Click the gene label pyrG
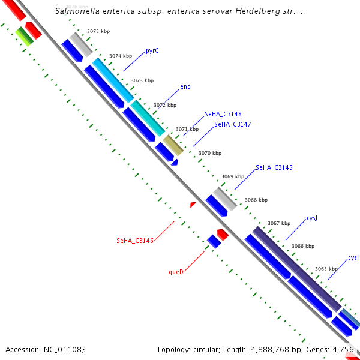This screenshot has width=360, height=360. (152, 51)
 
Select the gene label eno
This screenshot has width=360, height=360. (185, 87)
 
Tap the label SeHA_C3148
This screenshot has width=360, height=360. (223, 114)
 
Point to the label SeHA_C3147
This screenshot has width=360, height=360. (233, 124)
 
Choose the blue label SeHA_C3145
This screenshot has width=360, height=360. (274, 167)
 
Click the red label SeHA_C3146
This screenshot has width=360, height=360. (135, 241)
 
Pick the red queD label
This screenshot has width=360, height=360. (176, 272)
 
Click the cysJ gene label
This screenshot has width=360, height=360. (311, 218)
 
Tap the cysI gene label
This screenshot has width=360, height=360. (353, 258)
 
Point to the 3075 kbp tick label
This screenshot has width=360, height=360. (98, 31)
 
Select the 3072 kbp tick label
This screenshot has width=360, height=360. (165, 105)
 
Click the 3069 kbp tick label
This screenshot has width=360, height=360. (233, 176)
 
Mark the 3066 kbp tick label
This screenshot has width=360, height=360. (303, 246)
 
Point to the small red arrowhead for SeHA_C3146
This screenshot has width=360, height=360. (193, 205)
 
